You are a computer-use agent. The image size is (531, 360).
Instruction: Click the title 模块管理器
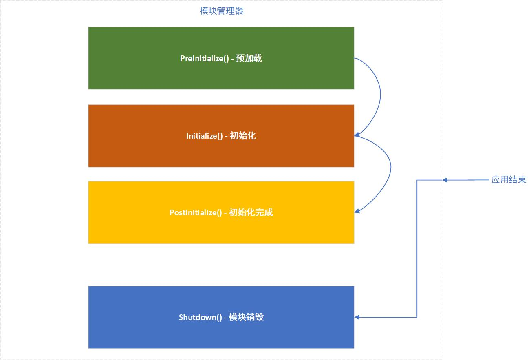pyautogui.click(x=221, y=11)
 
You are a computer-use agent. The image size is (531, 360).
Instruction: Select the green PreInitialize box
pyautogui.click(x=221, y=58)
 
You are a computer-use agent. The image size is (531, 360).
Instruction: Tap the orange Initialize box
pyautogui.click(x=221, y=136)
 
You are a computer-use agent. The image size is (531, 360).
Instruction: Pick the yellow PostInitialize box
pyautogui.click(x=221, y=212)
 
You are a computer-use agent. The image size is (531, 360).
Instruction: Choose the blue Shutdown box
pyautogui.click(x=221, y=317)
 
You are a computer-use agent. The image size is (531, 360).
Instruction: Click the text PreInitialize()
pyautogui.click(x=204, y=59)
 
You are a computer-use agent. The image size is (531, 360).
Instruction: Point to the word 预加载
pyautogui.click(x=249, y=58)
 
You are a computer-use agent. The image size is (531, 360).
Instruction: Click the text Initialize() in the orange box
pyautogui.click(x=204, y=136)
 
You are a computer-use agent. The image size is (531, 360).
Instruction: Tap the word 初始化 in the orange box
pyautogui.click(x=243, y=136)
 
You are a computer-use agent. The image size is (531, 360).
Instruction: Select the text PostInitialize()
pyautogui.click(x=196, y=213)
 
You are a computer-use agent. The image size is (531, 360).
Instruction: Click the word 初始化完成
pyautogui.click(x=251, y=212)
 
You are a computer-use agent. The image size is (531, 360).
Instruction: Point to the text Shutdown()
pyautogui.click(x=201, y=318)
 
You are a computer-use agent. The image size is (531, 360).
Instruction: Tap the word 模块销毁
pyautogui.click(x=246, y=317)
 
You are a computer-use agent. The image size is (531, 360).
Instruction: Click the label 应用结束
pyautogui.click(x=509, y=180)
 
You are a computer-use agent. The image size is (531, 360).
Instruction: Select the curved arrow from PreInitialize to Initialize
pyautogui.click(x=381, y=95)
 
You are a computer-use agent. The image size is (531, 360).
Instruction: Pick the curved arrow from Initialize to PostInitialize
pyautogui.click(x=391, y=167)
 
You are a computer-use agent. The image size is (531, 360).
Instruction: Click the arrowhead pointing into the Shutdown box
pyautogui.click(x=357, y=317)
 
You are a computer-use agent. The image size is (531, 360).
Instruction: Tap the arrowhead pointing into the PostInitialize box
pyautogui.click(x=357, y=211)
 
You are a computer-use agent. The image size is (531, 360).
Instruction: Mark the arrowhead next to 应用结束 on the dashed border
pyautogui.click(x=445, y=180)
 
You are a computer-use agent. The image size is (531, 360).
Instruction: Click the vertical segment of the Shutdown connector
pyautogui.click(x=417, y=249)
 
